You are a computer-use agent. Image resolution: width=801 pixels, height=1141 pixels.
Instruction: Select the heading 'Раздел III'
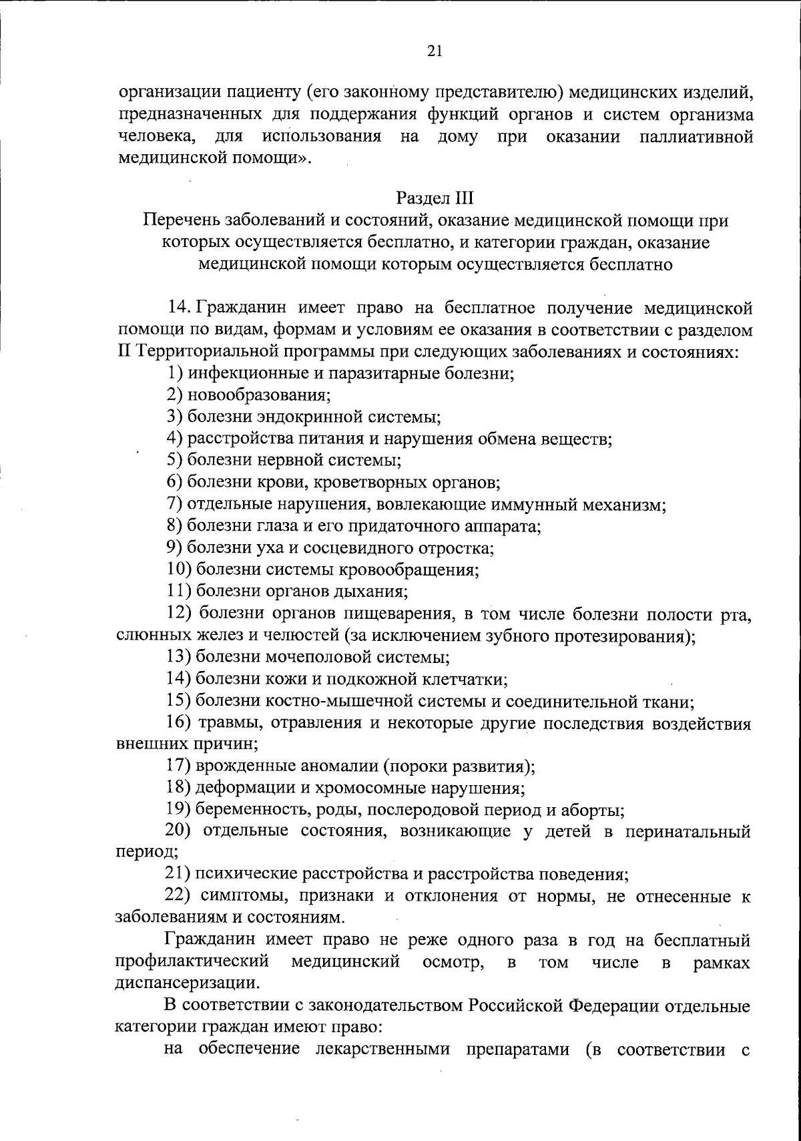(x=434, y=198)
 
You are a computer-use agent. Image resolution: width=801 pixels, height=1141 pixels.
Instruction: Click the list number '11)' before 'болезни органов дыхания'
(x=178, y=592)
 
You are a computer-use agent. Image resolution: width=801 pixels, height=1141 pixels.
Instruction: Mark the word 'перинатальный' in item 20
(x=692, y=832)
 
